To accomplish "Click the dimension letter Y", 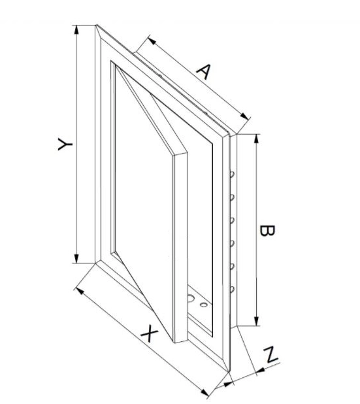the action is pos(65,144).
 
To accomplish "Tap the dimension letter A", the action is pos(204,71).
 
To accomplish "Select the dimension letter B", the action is pos(267,231).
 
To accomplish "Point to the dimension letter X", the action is pos(150,333).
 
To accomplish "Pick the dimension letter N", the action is pos(270,355).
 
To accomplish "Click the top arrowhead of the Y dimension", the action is pos(76,29).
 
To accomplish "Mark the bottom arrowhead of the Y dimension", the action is pos(76,258).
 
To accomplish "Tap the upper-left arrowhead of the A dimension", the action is pos(152,41).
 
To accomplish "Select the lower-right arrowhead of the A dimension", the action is pos(244,116).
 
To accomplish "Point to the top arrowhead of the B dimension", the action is pos(256,139).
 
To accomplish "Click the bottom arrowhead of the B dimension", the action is pos(256,321).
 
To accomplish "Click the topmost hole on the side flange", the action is pos(232,175).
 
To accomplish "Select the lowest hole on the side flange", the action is pos(232,290).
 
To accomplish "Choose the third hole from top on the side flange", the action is pos(232,220).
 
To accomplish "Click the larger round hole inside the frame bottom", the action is pos(191,298).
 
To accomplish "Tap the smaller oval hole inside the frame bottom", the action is pos(204,305).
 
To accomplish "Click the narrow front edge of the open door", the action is pos(181,248).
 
